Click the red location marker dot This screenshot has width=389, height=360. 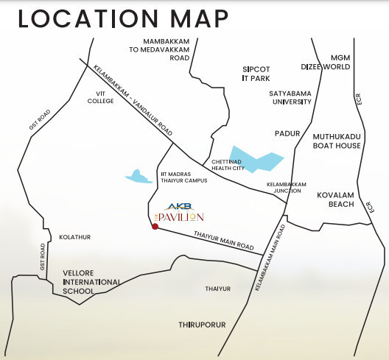click(x=154, y=227)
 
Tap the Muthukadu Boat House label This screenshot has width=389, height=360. click(x=337, y=141)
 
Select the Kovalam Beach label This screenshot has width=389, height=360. click(x=336, y=201)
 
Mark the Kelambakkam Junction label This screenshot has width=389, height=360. click(x=284, y=187)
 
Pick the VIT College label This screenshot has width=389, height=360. click(x=100, y=98)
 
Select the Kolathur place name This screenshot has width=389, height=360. click(x=74, y=237)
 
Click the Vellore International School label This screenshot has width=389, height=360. click(x=91, y=282)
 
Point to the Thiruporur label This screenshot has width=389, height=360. click(x=201, y=324)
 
